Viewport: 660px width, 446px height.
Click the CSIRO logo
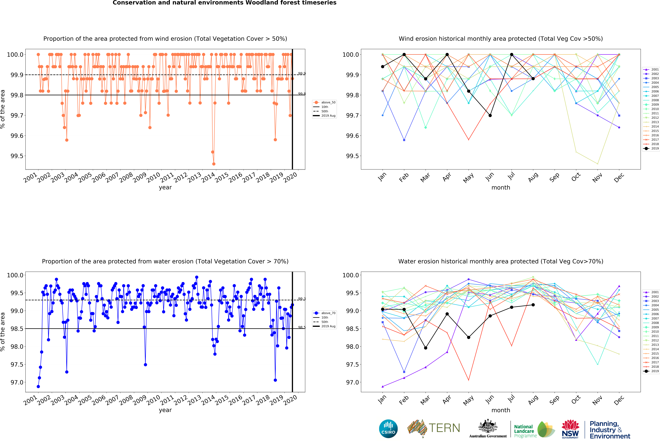tap(388, 429)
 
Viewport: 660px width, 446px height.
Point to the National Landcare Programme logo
tap(534, 429)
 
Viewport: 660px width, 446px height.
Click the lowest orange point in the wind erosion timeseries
tap(214, 164)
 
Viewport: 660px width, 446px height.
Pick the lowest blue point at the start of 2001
tap(38, 386)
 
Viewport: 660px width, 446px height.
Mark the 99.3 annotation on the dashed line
tap(302, 299)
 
